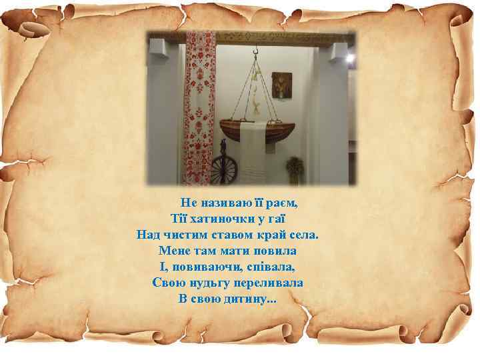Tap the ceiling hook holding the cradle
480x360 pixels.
tap(255, 51)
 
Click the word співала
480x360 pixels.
tap(269, 267)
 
